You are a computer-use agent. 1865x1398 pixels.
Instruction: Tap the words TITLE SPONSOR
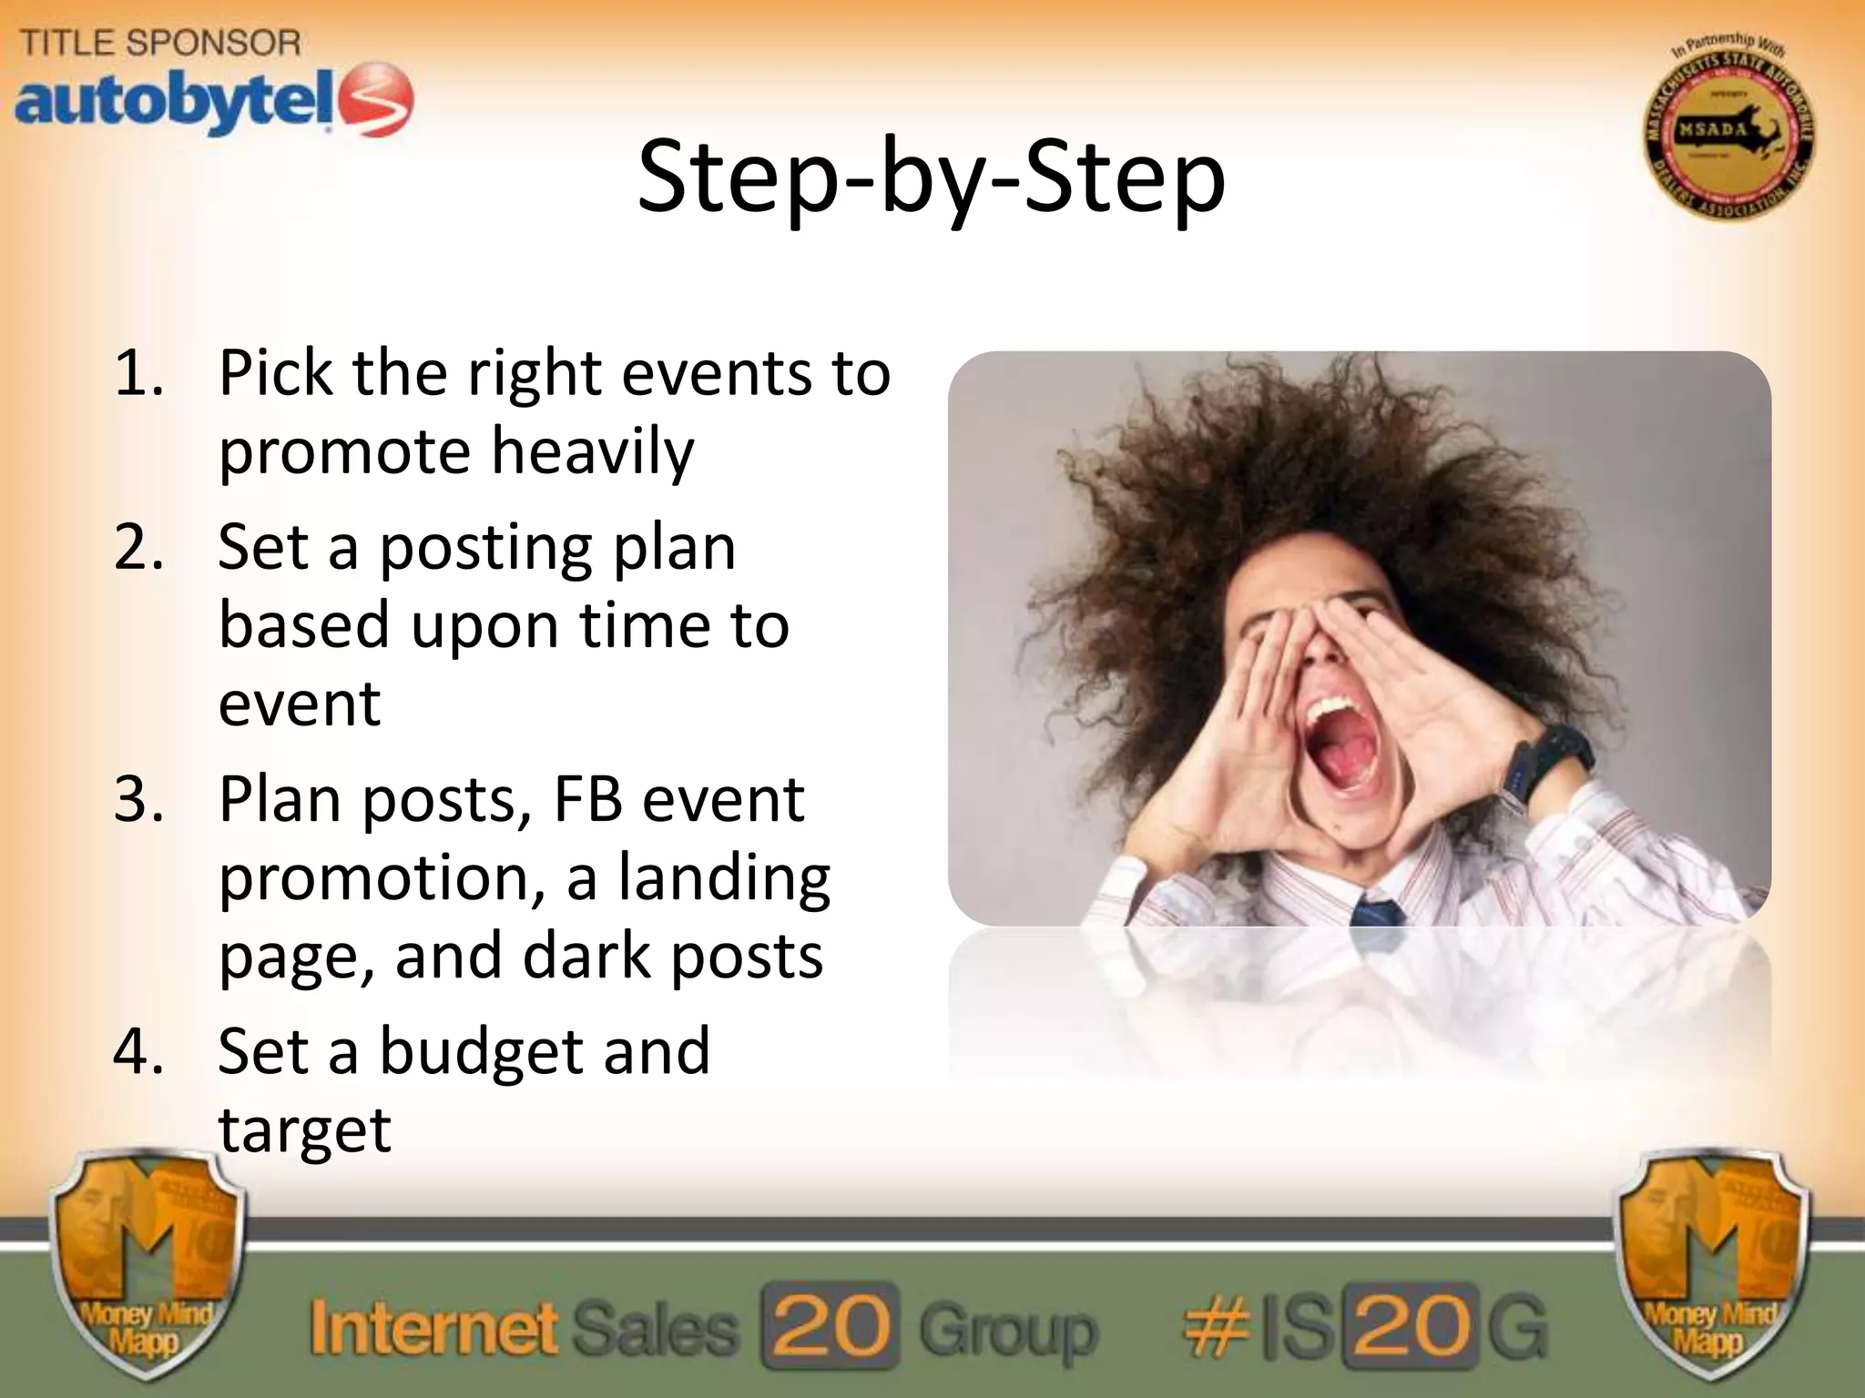pos(160,43)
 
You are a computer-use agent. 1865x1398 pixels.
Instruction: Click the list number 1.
pos(138,373)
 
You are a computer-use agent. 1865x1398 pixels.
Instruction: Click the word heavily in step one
pos(593,452)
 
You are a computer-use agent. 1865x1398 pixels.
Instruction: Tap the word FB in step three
pos(587,800)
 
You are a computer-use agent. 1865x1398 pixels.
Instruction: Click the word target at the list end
pos(304,1130)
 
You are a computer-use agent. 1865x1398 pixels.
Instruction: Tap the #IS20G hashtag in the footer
pos(1363,1327)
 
